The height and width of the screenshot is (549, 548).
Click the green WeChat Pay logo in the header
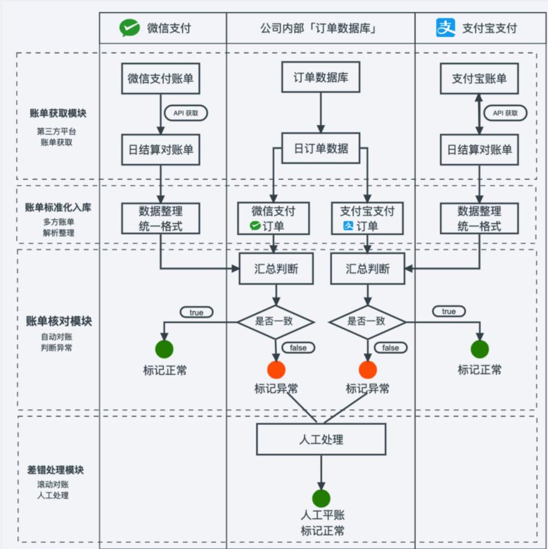(129, 28)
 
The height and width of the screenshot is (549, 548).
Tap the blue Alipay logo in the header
(446, 28)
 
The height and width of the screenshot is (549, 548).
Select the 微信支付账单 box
(161, 79)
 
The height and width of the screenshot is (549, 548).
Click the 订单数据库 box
(321, 77)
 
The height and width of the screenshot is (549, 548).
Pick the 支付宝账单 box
(479, 79)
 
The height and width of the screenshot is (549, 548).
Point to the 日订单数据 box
(321, 149)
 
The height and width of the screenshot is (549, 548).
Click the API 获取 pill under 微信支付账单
(186, 113)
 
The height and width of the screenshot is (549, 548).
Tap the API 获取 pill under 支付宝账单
(505, 113)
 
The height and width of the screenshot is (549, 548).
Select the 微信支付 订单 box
(273, 218)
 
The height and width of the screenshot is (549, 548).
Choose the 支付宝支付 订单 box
(367, 218)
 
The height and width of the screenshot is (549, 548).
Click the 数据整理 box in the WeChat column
(161, 219)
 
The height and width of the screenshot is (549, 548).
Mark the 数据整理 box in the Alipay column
(479, 219)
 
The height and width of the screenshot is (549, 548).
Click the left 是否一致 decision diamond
(275, 321)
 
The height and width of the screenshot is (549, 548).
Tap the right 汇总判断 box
(367, 269)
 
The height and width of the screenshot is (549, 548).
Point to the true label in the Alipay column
(449, 312)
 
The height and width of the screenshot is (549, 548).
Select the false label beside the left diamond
(298, 348)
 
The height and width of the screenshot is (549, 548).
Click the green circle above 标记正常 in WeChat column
(164, 349)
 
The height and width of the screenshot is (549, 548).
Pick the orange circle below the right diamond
(368, 370)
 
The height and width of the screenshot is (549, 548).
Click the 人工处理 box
(321, 439)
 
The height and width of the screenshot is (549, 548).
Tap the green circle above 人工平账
(321, 498)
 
